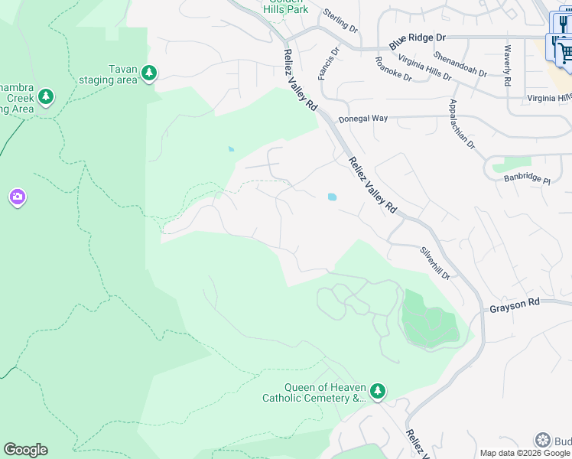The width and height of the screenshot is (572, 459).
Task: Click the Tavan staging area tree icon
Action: point(149,73)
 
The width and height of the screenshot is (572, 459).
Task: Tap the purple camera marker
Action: point(18,198)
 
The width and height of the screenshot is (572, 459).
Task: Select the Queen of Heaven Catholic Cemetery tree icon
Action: point(377,392)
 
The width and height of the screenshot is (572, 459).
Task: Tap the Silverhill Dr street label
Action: point(434,262)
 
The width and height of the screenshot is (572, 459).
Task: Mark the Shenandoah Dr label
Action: point(460,63)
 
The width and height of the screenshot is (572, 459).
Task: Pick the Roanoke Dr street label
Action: point(393,69)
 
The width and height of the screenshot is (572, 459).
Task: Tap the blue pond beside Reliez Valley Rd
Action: point(332,197)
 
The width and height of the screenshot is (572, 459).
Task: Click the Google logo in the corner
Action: point(25,450)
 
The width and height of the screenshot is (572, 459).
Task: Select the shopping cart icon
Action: point(564,52)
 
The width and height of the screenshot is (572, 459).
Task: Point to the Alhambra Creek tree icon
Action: point(47,96)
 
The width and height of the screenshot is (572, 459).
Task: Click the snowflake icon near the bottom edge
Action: point(542,440)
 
